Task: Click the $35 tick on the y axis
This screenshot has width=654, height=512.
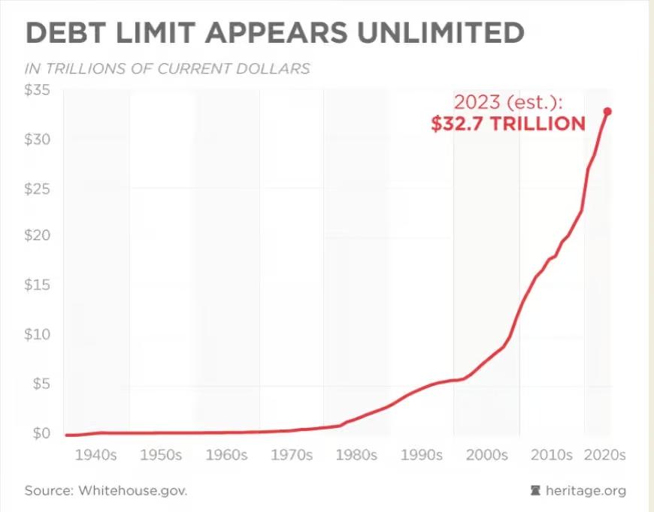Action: pos(38,92)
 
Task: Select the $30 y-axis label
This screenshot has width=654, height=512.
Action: pos(38,140)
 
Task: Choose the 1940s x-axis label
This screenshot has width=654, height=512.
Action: pos(97,456)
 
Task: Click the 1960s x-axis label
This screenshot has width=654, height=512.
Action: pos(227,456)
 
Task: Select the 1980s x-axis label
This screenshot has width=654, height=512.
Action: pos(356,456)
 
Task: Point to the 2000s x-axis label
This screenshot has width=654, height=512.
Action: pos(487,456)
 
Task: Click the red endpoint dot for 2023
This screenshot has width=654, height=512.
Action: pos(607,111)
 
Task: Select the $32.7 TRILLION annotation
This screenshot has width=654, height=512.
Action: pos(508,124)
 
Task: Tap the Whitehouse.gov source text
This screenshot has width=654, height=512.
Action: pos(131,491)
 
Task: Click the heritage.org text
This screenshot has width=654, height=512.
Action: pos(586,491)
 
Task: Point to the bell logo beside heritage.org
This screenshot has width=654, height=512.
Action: pos(535,491)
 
